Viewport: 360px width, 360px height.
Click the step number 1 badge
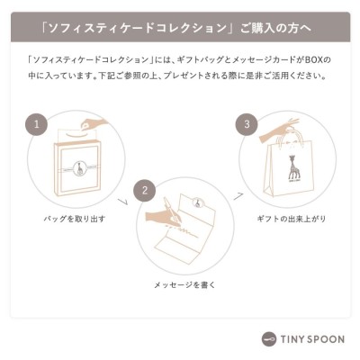point(37,124)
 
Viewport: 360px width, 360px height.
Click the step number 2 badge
point(145,191)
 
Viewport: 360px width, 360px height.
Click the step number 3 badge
point(247,124)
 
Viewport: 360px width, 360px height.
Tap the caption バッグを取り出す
point(75,219)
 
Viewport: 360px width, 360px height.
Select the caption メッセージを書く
point(184,284)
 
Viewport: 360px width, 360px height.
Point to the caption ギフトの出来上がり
point(292,219)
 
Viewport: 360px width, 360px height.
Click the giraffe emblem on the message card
point(198,202)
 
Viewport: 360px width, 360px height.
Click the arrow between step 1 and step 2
point(123,202)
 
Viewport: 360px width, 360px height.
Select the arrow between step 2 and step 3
point(238,195)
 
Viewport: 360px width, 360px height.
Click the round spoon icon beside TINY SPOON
point(269,339)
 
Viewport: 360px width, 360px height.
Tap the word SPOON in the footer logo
point(324,339)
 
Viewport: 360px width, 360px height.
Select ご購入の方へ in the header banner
point(275,28)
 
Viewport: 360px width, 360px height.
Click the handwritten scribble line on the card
point(182,231)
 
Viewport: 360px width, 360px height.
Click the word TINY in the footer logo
point(291,339)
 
